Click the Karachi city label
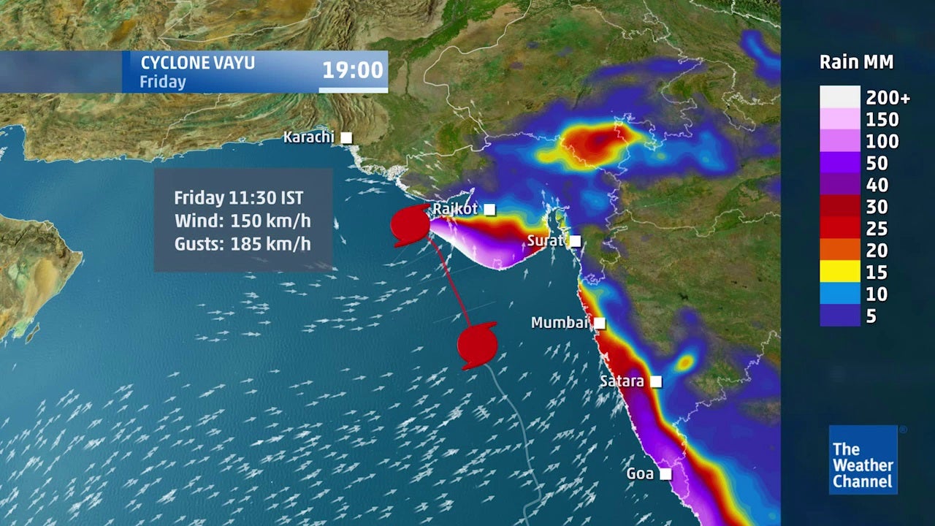click(x=308, y=137)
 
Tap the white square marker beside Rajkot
click(x=489, y=210)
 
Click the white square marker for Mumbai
click(x=600, y=323)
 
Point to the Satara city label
click(x=622, y=381)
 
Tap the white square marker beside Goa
click(x=665, y=474)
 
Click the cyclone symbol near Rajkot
click(x=410, y=225)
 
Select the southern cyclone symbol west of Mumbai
click(x=477, y=344)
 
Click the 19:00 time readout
click(x=353, y=70)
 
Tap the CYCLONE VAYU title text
click(x=197, y=63)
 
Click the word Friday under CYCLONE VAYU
click(x=162, y=82)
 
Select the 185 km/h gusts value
click(x=270, y=244)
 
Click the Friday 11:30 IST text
click(x=238, y=198)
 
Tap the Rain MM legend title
click(x=856, y=62)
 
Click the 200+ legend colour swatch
click(x=839, y=97)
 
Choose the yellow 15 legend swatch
click(x=839, y=272)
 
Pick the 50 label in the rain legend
click(x=877, y=163)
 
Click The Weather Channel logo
click(x=863, y=460)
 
